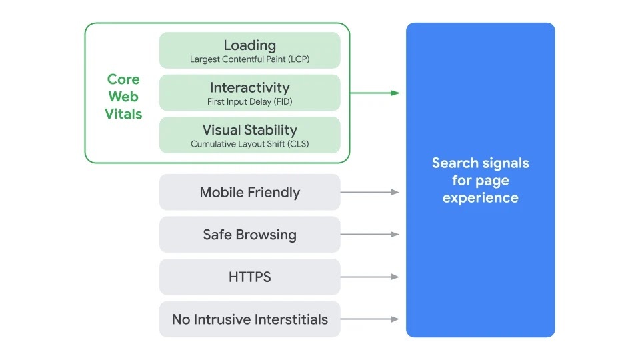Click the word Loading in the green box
pyautogui.click(x=249, y=45)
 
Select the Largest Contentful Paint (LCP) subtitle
pyautogui.click(x=249, y=59)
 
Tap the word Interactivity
pyautogui.click(x=249, y=87)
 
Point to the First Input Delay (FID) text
pyautogui.click(x=249, y=102)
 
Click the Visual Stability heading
pyautogui.click(x=249, y=129)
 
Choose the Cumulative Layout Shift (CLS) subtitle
pyautogui.click(x=249, y=144)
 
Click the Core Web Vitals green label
pyautogui.click(x=123, y=97)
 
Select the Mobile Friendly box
pyautogui.click(x=249, y=192)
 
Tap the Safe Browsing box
pyautogui.click(x=249, y=235)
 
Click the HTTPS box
pyautogui.click(x=249, y=277)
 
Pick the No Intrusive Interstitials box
pyautogui.click(x=249, y=319)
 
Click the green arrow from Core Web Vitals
pyautogui.click(x=375, y=93)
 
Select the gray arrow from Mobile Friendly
pyautogui.click(x=370, y=192)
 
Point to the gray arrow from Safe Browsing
pyautogui.click(x=370, y=235)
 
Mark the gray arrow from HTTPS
pyautogui.click(x=370, y=277)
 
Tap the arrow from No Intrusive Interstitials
pyautogui.click(x=370, y=319)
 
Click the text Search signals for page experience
pyautogui.click(x=480, y=180)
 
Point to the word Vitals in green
pyautogui.click(x=123, y=114)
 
